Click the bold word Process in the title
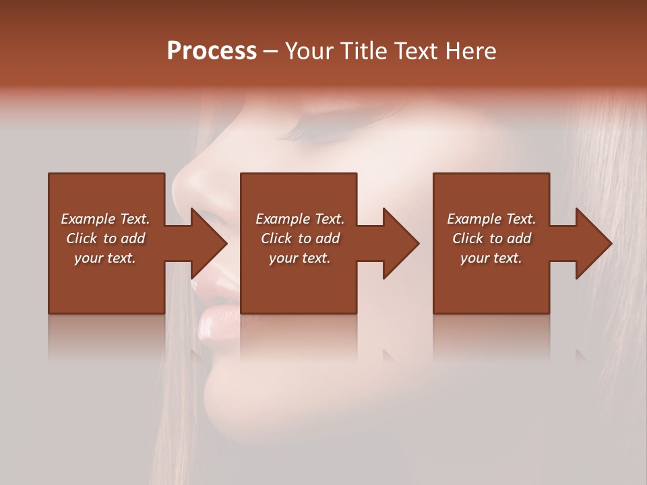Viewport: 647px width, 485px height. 212,51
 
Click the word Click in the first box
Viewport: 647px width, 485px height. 82,238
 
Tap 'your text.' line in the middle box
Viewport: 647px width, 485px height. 299,258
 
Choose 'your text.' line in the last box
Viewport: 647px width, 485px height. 491,258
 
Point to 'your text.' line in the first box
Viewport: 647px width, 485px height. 104,258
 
